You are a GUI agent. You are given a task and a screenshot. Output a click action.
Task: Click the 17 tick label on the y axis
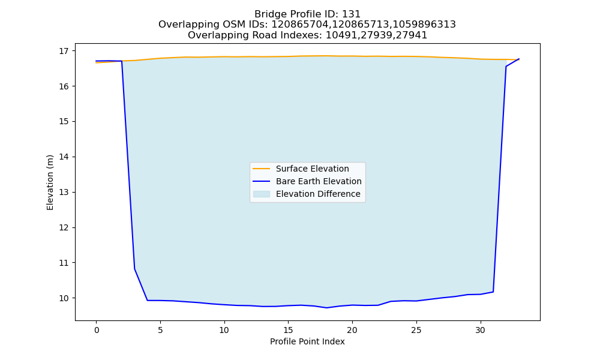click(x=64, y=51)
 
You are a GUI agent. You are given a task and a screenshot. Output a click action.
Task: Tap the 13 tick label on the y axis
click(x=64, y=192)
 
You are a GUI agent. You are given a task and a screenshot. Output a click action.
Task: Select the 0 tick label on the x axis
click(x=97, y=330)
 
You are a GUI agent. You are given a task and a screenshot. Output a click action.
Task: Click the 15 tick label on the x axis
click(x=288, y=330)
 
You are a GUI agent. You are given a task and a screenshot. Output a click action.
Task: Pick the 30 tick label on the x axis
click(x=480, y=330)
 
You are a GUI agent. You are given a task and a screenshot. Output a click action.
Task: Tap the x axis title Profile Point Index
click(x=307, y=341)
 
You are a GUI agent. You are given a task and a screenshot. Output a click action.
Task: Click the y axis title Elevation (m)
click(x=50, y=182)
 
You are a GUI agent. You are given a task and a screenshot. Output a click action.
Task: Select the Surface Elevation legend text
click(x=312, y=169)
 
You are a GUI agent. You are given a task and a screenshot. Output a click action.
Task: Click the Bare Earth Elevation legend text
click(x=319, y=181)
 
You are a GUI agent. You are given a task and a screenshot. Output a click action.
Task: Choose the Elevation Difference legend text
click(x=318, y=194)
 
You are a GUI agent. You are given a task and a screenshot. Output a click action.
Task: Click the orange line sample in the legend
click(x=262, y=169)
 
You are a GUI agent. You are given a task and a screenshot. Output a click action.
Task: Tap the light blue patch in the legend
click(x=262, y=194)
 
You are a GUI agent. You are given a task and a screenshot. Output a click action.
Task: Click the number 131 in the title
click(x=351, y=14)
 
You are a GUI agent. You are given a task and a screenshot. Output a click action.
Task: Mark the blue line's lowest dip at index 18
click(x=327, y=308)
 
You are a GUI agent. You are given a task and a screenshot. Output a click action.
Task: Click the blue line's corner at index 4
click(x=148, y=301)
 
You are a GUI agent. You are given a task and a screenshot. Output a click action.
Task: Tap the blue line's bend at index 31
click(x=493, y=292)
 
